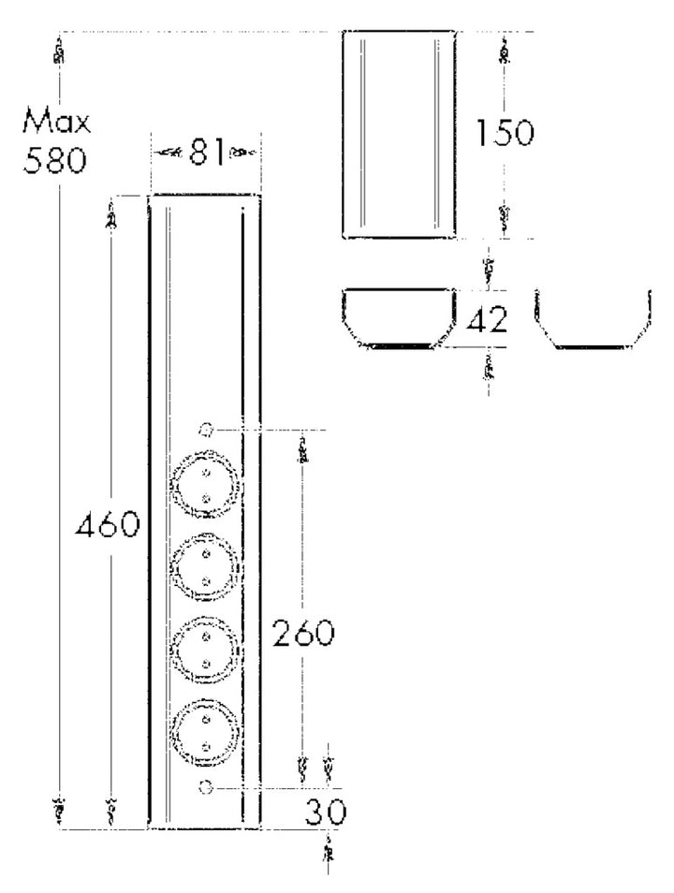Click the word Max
(56, 121)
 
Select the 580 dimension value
(54, 160)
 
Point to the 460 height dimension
(108, 524)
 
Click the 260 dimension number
(303, 633)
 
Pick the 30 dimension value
(326, 812)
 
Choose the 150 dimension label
(505, 133)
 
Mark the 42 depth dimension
(487, 320)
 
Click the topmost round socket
(206, 485)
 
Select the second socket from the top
(206, 567)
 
